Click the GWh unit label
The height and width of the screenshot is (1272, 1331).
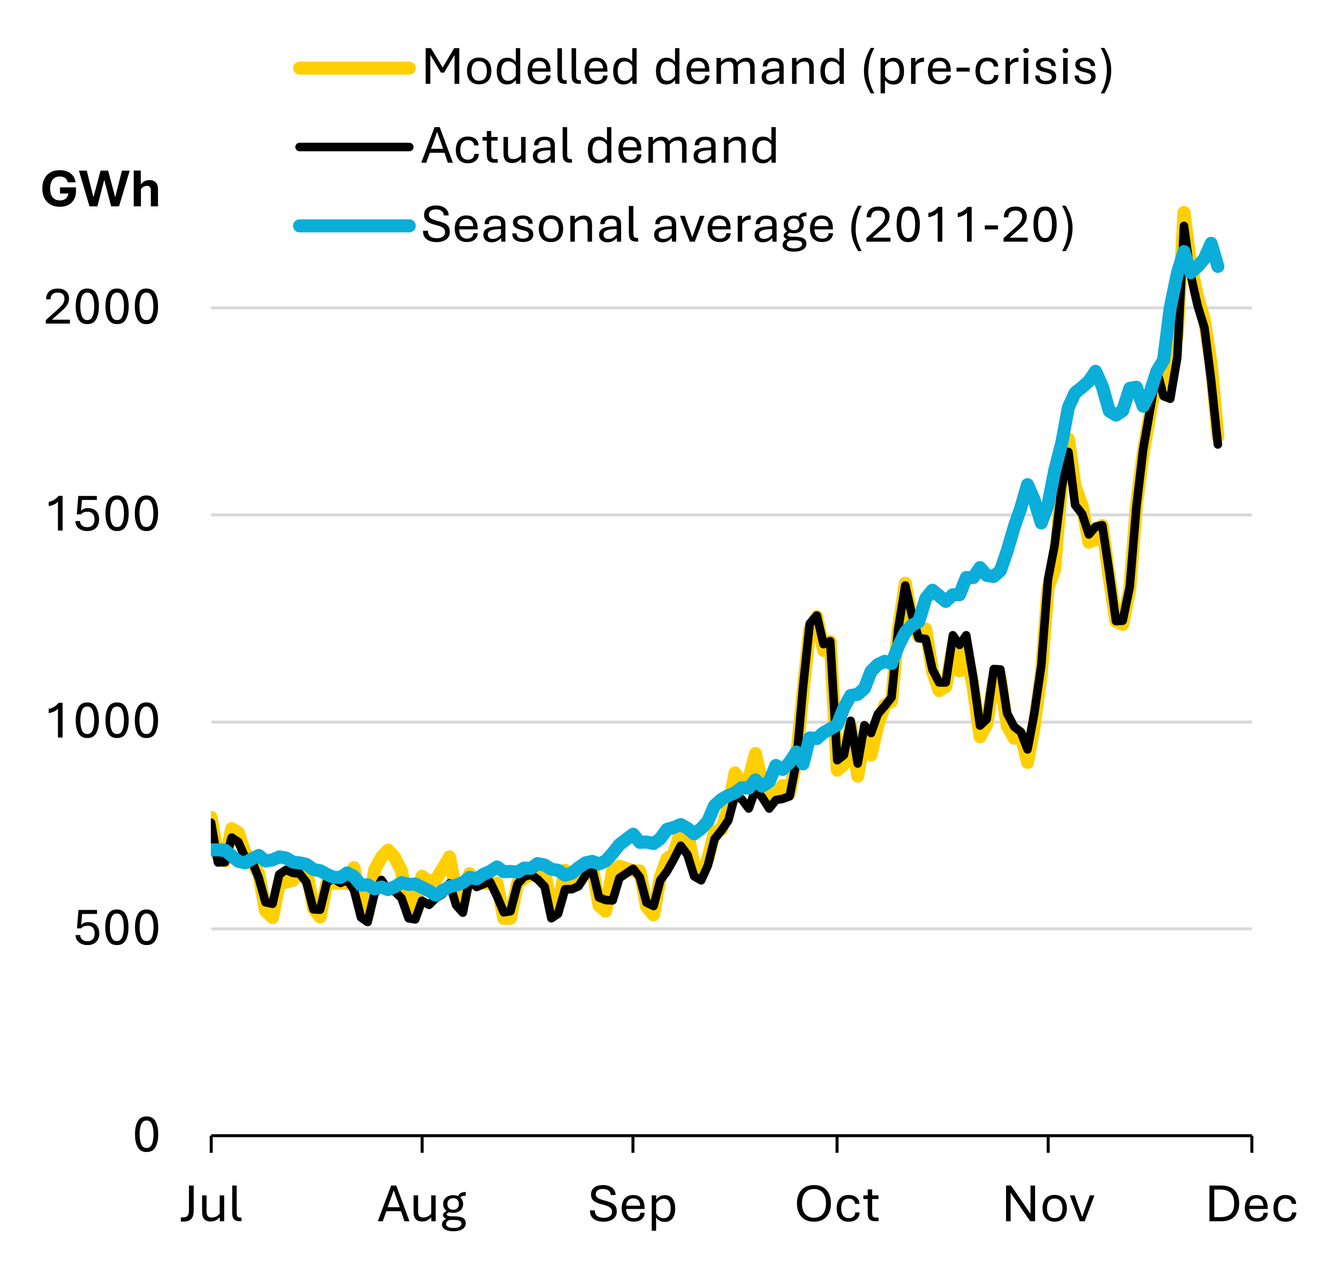[x=100, y=189]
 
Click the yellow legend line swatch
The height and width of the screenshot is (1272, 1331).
[x=354, y=68]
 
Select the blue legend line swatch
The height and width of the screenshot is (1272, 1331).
[x=354, y=226]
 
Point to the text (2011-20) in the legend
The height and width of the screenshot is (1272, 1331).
[x=961, y=226]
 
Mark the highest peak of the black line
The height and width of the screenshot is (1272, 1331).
[x=1184, y=226]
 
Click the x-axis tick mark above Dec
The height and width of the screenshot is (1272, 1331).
[x=1251, y=1144]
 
